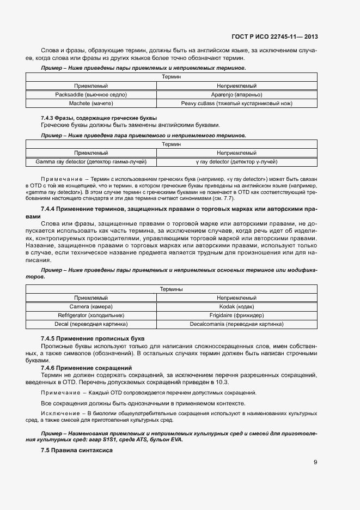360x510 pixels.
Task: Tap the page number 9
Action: tap(315, 463)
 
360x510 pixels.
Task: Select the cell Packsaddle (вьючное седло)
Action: tap(91, 94)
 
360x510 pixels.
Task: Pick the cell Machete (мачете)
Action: tap(91, 103)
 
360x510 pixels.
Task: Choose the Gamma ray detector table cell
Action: tap(91, 162)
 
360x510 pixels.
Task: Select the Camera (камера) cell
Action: tap(91, 307)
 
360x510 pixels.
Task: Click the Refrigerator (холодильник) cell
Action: tap(91, 315)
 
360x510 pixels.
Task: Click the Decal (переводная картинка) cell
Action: tap(91, 324)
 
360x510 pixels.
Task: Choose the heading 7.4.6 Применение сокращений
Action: tap(87, 368)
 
